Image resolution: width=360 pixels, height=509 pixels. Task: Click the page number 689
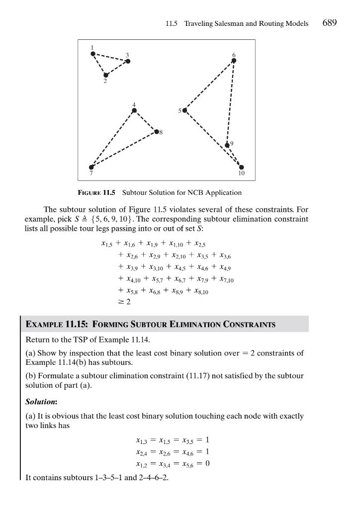pyautogui.click(x=330, y=23)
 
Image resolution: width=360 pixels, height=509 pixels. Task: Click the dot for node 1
pyautogui.click(x=93, y=54)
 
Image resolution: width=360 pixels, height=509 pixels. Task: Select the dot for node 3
pyautogui.click(x=128, y=61)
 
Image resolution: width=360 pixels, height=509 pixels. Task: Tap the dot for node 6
pyautogui.click(x=234, y=61)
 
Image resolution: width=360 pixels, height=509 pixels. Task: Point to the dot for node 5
pyautogui.click(x=185, y=110)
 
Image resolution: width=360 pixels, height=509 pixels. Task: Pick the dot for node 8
pyautogui.click(x=157, y=132)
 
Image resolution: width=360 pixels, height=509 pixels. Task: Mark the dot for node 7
pyautogui.click(x=91, y=167)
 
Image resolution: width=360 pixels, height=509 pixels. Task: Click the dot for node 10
pyautogui.click(x=242, y=167)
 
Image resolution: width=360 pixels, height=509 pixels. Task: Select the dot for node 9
pyautogui.click(x=228, y=145)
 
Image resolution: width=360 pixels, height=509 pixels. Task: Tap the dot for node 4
pyautogui.click(x=134, y=110)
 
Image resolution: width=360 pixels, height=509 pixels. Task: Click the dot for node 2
pyautogui.click(x=106, y=75)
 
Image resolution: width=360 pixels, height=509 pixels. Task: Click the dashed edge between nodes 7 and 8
pyautogui.click(x=124, y=150)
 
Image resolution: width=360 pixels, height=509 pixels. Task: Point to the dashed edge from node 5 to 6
pyautogui.click(x=209, y=85)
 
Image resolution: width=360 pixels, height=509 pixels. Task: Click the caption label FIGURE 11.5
pyautogui.click(x=96, y=192)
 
